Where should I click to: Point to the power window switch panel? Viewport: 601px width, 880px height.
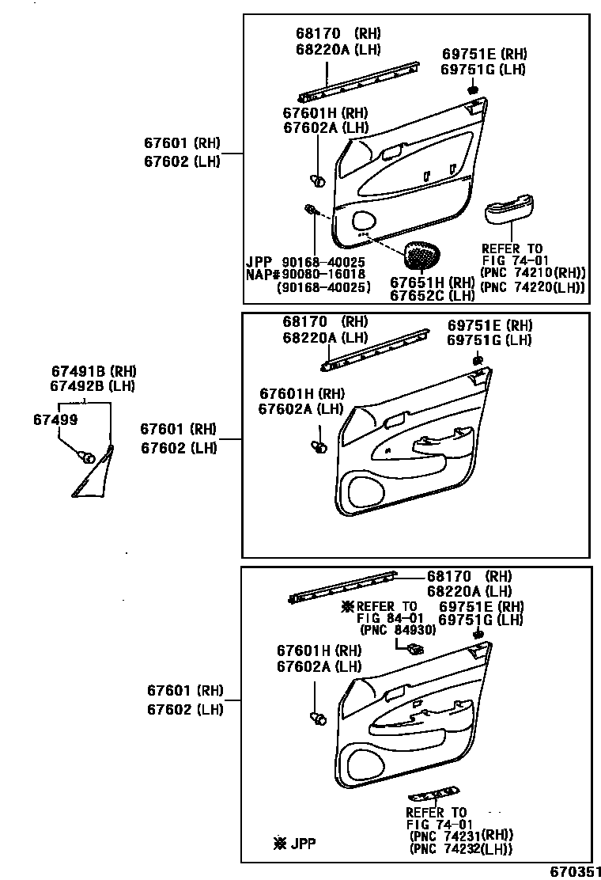(434, 794)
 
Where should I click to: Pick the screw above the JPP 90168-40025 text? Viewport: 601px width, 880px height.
(311, 210)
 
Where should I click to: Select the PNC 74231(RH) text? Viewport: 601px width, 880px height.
(461, 835)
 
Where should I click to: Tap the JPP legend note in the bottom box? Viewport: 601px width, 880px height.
(294, 844)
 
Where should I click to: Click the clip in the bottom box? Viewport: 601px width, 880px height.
(319, 719)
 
